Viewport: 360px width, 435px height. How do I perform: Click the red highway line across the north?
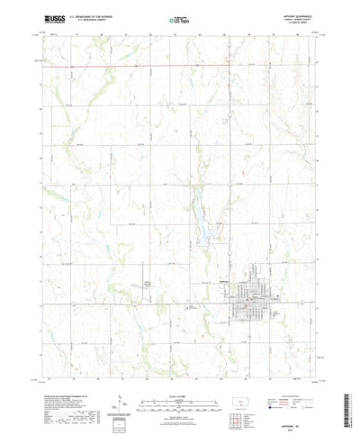click(x=135, y=65)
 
